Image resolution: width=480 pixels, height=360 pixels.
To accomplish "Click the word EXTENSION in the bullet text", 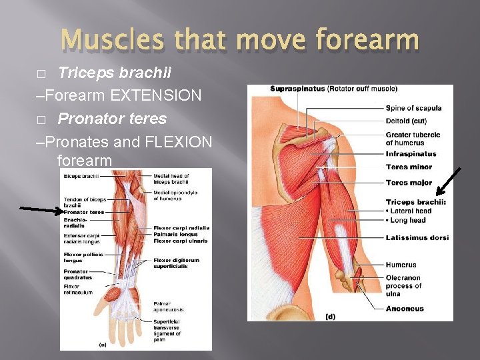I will click(x=156, y=95).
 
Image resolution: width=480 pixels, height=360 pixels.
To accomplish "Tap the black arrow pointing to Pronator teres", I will click(x=40, y=211).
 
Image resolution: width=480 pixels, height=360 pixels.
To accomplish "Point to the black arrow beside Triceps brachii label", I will click(x=448, y=185).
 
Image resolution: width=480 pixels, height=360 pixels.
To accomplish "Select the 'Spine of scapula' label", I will click(x=413, y=108).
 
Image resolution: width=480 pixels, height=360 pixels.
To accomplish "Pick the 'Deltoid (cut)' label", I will click(x=406, y=121).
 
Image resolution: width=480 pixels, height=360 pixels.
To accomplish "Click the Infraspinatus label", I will click(x=411, y=154).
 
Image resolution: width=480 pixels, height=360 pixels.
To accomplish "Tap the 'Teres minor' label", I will click(x=409, y=167).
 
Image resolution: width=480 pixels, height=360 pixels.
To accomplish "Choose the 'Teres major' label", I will click(x=409, y=183).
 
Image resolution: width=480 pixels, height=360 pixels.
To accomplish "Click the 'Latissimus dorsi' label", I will click(x=417, y=237).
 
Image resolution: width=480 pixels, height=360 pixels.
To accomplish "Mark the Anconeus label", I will click(x=404, y=309).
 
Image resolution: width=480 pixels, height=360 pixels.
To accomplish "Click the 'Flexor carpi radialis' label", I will click(x=181, y=228).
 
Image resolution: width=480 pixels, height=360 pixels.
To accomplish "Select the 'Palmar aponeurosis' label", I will click(x=168, y=307).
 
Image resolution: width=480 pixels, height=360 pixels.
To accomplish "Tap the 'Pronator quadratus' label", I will click(x=77, y=275).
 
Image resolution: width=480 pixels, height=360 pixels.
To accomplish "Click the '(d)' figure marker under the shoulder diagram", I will click(x=330, y=316).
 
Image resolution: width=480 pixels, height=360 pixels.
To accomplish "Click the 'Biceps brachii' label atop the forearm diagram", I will click(x=81, y=176).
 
